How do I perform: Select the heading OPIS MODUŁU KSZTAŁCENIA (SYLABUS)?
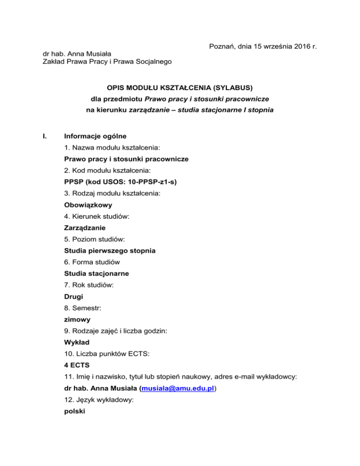[180, 87]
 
